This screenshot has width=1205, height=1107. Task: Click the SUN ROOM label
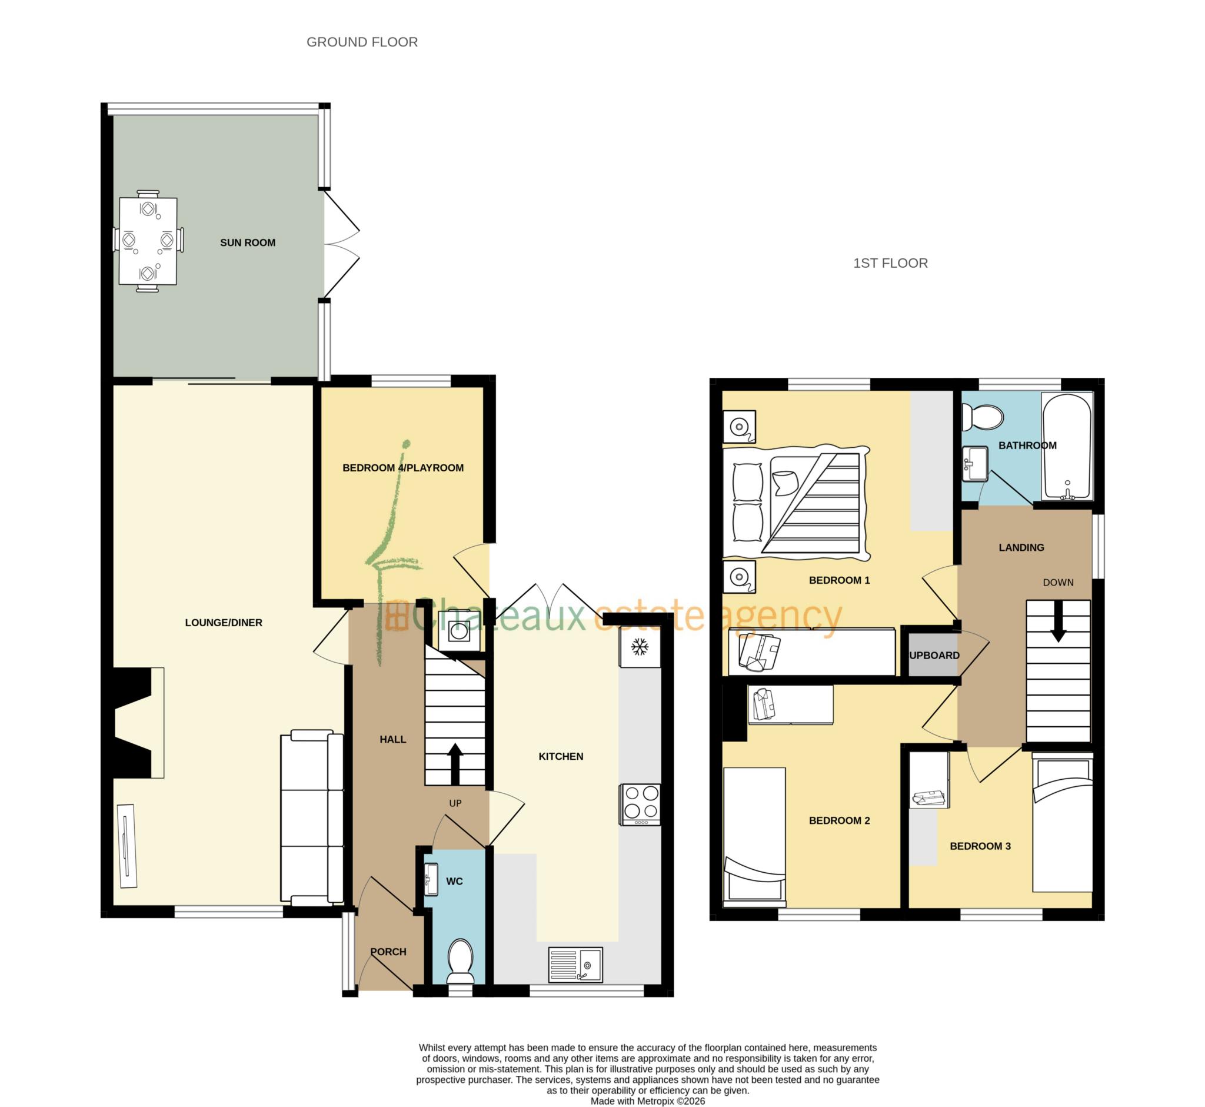pos(247,242)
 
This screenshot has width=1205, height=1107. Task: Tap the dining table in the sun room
pos(148,241)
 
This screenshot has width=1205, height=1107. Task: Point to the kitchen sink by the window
pos(575,964)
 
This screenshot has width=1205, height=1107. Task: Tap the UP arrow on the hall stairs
pos(455,761)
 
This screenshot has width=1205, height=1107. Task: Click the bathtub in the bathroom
pos(1067,446)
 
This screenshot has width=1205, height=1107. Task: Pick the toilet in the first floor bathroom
pos(982,417)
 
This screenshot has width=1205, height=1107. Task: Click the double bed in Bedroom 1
pos(795,503)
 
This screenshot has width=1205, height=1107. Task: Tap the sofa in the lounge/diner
pos(312,817)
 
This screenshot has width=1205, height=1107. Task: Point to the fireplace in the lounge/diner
pos(135,723)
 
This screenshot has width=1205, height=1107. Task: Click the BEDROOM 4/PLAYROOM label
pos(402,468)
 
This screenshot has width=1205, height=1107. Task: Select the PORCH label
pos(388,952)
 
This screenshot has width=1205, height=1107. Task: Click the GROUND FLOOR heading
pos(362,42)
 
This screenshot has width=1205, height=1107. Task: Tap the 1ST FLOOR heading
pos(890,263)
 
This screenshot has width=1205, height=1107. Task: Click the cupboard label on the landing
pos(933,656)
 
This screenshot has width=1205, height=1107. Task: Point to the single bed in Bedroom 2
pos(754,836)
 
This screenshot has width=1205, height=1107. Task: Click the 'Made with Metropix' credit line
pos(647,1101)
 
